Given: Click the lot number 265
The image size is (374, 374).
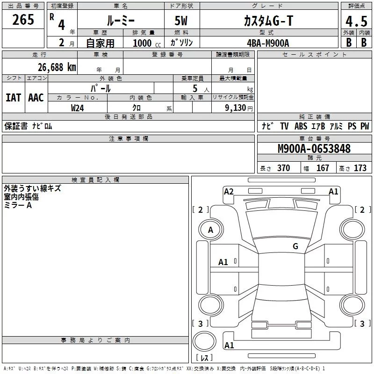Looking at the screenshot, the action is [x=23, y=20].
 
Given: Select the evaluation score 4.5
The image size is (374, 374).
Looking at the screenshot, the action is [x=356, y=22].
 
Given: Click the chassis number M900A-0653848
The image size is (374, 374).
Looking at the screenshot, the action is [x=314, y=149].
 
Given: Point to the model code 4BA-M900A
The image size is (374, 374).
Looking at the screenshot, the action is [x=268, y=43].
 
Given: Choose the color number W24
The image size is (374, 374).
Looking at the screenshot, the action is [x=78, y=108].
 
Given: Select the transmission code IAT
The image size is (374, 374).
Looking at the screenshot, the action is [x=13, y=98].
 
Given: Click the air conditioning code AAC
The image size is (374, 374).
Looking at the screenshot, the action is [x=36, y=98].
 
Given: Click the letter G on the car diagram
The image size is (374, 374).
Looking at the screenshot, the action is [x=295, y=246].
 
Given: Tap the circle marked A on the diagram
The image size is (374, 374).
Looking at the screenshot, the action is [x=210, y=230].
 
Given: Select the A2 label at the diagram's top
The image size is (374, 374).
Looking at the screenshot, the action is [x=229, y=191].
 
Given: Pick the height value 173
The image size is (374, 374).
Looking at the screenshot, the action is [x=360, y=168].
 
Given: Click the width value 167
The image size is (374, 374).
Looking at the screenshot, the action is [x=323, y=168].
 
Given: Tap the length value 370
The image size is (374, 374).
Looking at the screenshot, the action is [x=283, y=168].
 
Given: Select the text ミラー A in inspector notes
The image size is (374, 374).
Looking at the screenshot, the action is [x=18, y=205].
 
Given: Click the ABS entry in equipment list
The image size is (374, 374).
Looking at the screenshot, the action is [x=301, y=126].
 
